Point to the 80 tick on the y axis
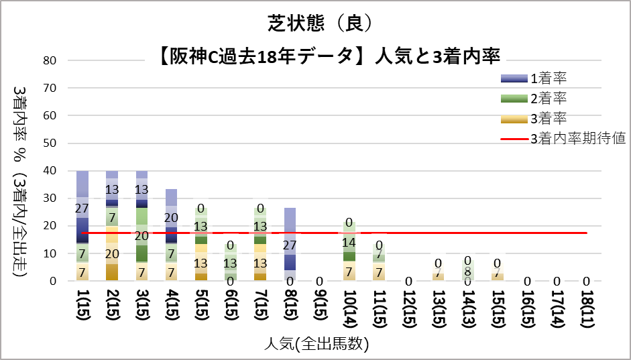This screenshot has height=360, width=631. pyautogui.click(x=50, y=60)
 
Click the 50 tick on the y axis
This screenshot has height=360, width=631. pyautogui.click(x=50, y=143)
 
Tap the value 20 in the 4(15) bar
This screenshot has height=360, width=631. pyautogui.click(x=171, y=218)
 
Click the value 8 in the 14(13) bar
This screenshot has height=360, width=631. pyautogui.click(x=467, y=272)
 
